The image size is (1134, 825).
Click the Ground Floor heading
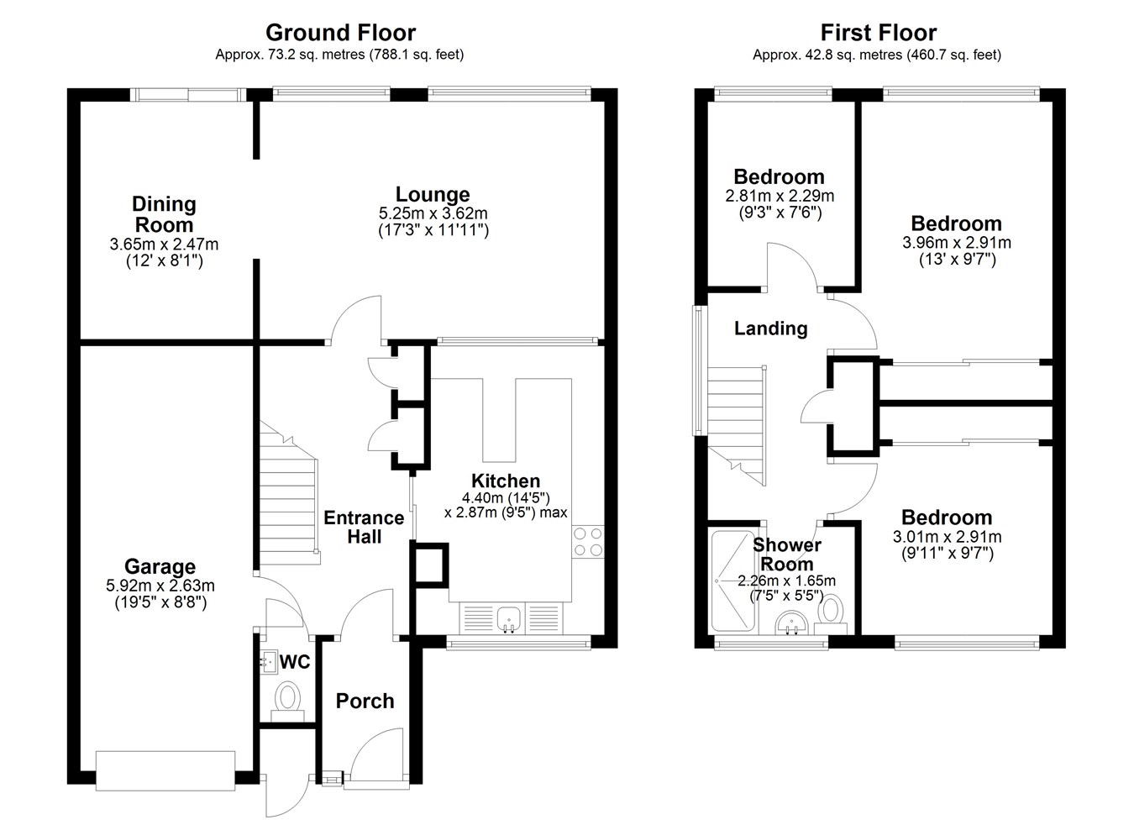(x=340, y=33)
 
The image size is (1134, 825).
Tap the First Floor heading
(x=879, y=33)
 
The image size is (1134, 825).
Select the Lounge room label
(x=433, y=194)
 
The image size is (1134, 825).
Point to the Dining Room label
(x=164, y=214)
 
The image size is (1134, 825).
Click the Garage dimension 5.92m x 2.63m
(x=160, y=586)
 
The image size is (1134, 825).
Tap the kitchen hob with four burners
(x=588, y=542)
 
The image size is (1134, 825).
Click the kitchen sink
(x=509, y=619)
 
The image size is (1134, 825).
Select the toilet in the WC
(x=287, y=702)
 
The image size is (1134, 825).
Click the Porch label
(x=365, y=701)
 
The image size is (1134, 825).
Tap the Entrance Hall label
(x=364, y=528)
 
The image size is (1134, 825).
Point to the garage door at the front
(x=165, y=770)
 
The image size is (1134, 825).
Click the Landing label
(x=770, y=328)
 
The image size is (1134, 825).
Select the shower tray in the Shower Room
(x=733, y=581)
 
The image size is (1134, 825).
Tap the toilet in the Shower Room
(x=830, y=615)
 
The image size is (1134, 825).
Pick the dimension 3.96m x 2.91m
(x=956, y=243)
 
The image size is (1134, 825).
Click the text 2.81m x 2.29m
(x=780, y=196)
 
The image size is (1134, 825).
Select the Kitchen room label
(x=506, y=481)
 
